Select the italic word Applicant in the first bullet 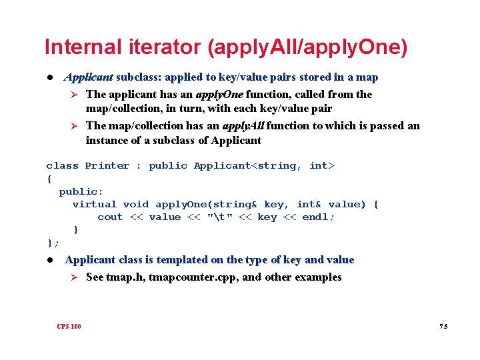[x=89, y=77]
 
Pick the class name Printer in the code [x=107, y=165]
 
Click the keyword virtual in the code [x=94, y=204]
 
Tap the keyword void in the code [x=136, y=204]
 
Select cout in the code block [x=110, y=217]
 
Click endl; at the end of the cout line [x=318, y=217]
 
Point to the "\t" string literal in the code [x=219, y=217]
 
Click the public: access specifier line [x=81, y=191]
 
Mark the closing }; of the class [x=53, y=243]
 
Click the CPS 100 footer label [x=69, y=326]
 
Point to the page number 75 [x=443, y=326]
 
